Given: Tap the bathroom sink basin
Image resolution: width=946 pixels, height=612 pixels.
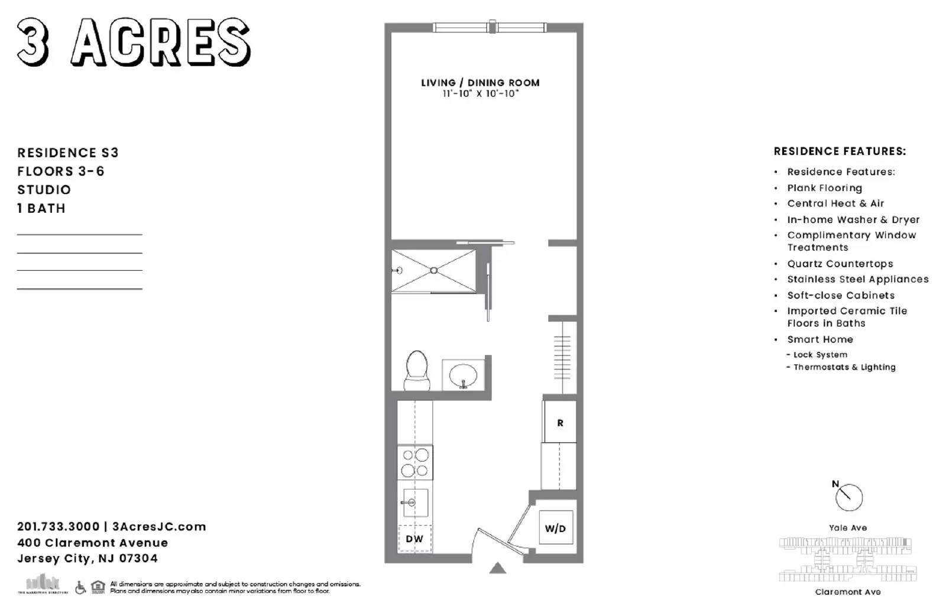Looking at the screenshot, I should point(463,375).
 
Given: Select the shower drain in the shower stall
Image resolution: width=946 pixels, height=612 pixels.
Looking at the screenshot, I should point(433,270).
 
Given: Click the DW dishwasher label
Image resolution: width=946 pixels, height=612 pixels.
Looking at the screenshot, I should point(414,539).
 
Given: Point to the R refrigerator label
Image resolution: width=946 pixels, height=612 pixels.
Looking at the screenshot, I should point(560,423).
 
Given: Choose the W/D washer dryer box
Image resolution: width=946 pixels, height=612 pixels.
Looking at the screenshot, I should point(555,528).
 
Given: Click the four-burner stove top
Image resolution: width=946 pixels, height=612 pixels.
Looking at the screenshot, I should point(415,462).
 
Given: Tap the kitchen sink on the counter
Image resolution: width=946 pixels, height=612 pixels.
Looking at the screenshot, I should point(414,503).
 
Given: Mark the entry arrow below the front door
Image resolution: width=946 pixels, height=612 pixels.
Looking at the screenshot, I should point(498,568).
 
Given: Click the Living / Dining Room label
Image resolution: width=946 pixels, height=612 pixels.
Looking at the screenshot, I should point(480,83).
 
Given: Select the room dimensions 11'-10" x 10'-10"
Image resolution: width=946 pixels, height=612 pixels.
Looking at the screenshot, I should point(480,94).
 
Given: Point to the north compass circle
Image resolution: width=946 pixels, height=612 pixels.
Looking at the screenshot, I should point(849,497).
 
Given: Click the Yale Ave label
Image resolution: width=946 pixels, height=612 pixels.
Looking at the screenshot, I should point(847,528).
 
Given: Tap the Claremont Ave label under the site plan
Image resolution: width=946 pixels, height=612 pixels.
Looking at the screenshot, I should point(847,592).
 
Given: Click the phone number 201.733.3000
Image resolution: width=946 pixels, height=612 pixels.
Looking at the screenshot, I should point(58,526).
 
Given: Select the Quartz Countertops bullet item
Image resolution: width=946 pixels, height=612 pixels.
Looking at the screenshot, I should point(840,264).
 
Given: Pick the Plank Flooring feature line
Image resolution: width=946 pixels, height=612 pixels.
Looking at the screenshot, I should point(824,188).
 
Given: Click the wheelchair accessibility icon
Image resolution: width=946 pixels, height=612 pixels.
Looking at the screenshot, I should point(80,587).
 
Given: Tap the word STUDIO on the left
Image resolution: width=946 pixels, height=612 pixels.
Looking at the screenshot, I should point(44,190).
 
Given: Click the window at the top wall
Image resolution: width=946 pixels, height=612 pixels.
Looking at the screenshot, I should point(490,27).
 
